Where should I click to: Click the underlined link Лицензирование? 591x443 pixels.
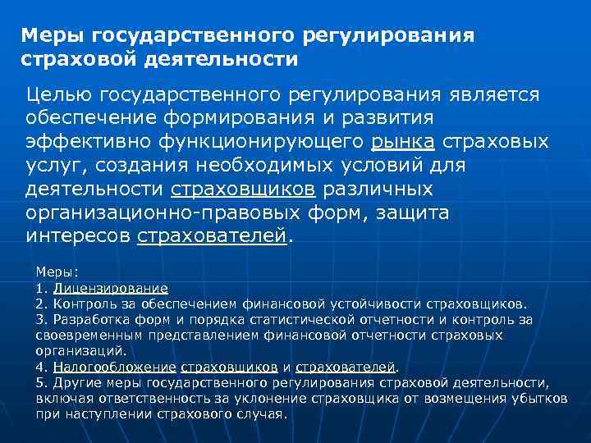tap(110, 289)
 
